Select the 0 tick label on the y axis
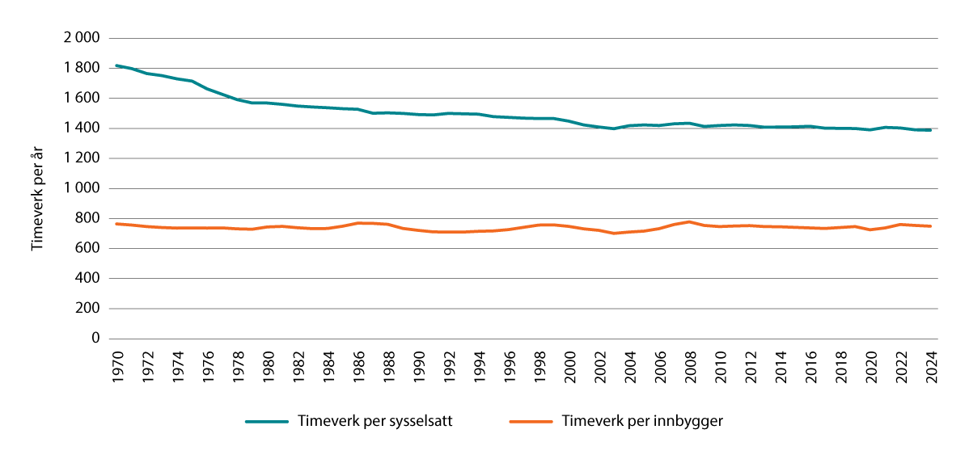(x=95, y=339)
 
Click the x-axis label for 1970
(x=118, y=364)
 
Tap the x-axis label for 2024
(x=932, y=364)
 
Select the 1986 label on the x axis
(x=359, y=364)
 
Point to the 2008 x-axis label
(x=691, y=364)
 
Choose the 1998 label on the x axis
(x=540, y=364)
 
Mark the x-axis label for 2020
(x=871, y=364)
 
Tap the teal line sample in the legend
(x=268, y=422)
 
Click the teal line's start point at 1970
(x=118, y=65)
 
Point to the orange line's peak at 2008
(x=690, y=221)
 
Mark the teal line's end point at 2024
(x=931, y=130)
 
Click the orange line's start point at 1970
(x=118, y=224)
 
